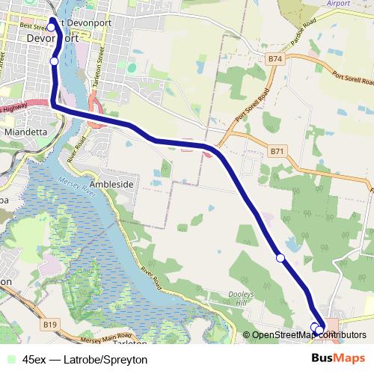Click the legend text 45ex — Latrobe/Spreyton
[84, 358]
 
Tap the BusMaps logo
[337, 358]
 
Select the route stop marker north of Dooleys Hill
[280, 258]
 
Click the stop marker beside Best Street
[51, 28]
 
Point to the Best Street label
[34, 25]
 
